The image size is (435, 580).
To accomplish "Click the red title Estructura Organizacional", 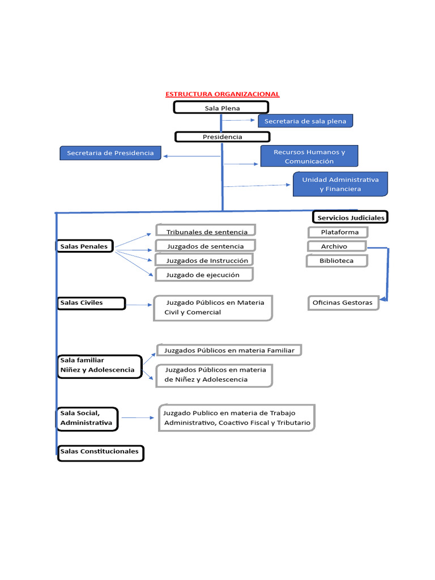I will point(222,94).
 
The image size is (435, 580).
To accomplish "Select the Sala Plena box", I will point(221,108).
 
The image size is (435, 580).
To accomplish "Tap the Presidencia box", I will point(222,137).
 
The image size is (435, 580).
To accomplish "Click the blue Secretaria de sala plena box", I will point(305,121).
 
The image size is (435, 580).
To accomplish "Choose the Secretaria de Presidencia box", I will point(110,153).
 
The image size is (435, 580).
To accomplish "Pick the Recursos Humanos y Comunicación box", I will point(309,156).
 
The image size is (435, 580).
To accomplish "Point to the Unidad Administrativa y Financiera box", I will point(340,184).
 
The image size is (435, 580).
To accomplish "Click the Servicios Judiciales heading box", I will point(350,217).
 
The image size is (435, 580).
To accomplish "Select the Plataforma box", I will point(338,232).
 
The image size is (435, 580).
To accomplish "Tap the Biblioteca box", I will point(337,261).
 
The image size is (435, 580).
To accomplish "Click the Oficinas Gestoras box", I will point(343,302).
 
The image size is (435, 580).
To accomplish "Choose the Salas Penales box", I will point(85,246).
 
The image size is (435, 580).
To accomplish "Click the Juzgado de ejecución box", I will point(204,275).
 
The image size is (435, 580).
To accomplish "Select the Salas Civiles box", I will point(91,303).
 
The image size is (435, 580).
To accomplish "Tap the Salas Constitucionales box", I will point(100,453).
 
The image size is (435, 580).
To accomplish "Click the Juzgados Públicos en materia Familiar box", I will point(229,350).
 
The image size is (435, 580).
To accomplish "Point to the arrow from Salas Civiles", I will point(139,305).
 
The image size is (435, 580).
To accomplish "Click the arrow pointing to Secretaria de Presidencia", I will point(184,156).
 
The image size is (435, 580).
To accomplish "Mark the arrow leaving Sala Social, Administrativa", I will point(137,418).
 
